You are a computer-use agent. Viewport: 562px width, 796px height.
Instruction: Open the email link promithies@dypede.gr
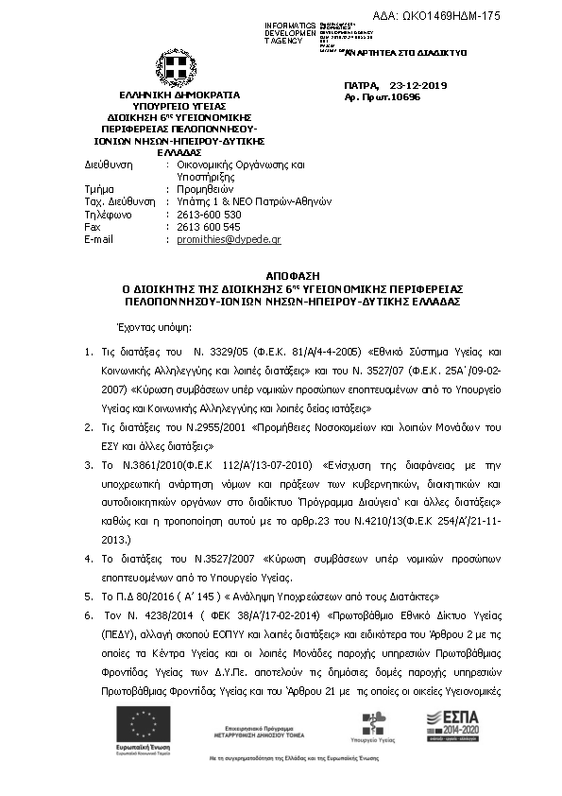(x=229, y=240)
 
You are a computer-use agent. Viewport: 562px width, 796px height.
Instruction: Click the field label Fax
(x=92, y=227)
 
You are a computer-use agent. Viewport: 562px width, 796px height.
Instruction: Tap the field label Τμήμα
(x=98, y=189)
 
